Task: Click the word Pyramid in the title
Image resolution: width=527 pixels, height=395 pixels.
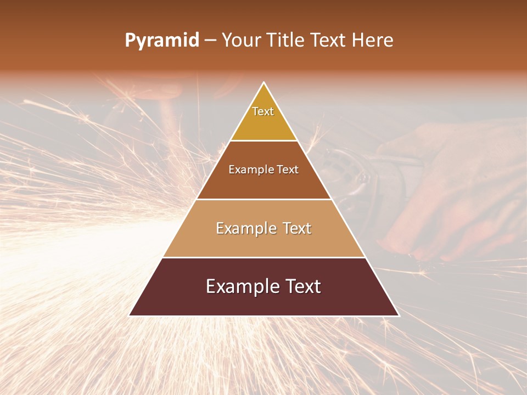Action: pos(162,41)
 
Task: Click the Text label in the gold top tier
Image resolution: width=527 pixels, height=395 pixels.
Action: pos(263,111)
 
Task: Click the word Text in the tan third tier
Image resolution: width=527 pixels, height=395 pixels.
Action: pos(298,228)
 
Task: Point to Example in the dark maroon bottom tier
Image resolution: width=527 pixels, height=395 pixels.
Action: pos(240,286)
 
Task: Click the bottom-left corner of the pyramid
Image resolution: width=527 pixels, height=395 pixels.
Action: pos(130,315)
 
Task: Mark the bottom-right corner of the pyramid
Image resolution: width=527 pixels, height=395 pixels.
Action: pos(399,315)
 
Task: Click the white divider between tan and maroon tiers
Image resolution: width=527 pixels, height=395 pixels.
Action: pos(264,257)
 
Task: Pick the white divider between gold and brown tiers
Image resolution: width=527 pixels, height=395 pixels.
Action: pos(264,140)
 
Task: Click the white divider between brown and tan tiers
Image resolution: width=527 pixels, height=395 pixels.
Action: pos(264,199)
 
